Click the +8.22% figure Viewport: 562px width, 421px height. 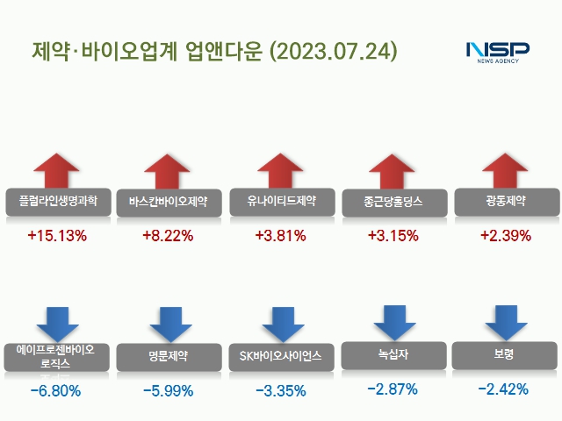tap(168, 236)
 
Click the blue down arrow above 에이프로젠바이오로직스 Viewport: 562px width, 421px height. tap(58, 323)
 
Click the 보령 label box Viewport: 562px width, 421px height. tap(503, 354)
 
